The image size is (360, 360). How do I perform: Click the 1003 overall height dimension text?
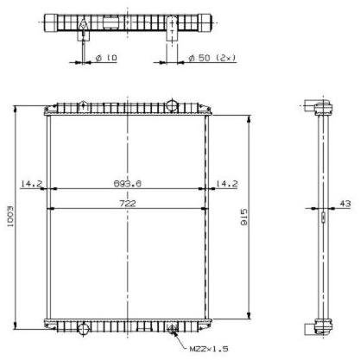(10, 217)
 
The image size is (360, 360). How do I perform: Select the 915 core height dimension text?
(243, 218)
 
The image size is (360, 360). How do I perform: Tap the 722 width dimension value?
(128, 204)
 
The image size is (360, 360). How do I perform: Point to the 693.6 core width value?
(128, 183)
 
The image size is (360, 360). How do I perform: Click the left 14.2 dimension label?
(32, 183)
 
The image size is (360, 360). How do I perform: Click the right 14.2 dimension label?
(227, 183)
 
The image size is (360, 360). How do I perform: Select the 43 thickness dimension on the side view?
(345, 204)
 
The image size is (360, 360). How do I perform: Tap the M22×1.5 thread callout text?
(209, 349)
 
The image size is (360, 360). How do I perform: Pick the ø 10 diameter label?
(106, 58)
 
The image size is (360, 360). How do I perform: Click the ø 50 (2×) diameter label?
(212, 58)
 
